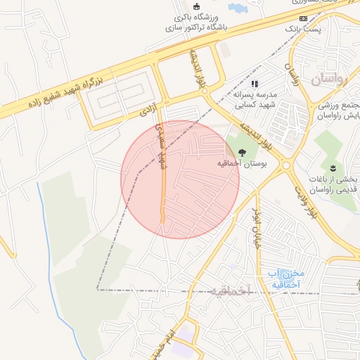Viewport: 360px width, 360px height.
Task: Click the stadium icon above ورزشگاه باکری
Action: (196, 6)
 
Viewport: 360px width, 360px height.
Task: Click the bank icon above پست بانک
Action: (303, 18)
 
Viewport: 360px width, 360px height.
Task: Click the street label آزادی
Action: (148, 110)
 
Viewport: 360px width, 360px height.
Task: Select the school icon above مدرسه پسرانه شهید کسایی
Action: (254, 84)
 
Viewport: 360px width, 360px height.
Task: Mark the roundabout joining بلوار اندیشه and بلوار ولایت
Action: (286, 166)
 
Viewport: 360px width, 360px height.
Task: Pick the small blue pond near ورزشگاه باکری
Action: (236, 8)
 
